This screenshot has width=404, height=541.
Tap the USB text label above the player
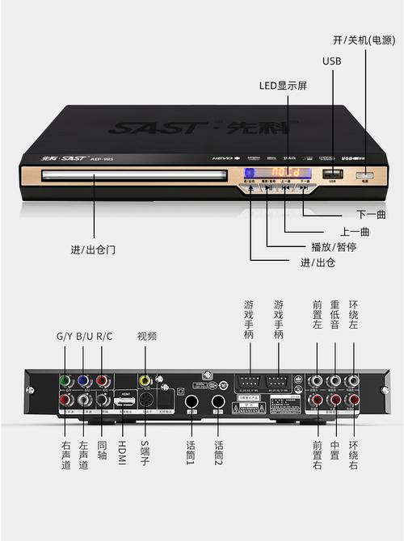tap(332, 61)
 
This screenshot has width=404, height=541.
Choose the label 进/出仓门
tap(93, 249)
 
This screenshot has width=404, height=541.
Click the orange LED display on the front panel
tap(285, 173)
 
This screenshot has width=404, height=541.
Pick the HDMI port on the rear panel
tap(124, 400)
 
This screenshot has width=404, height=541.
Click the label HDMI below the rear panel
tap(123, 447)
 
